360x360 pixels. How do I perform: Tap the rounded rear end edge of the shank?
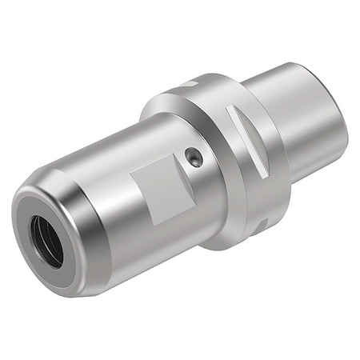coord(340,120)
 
